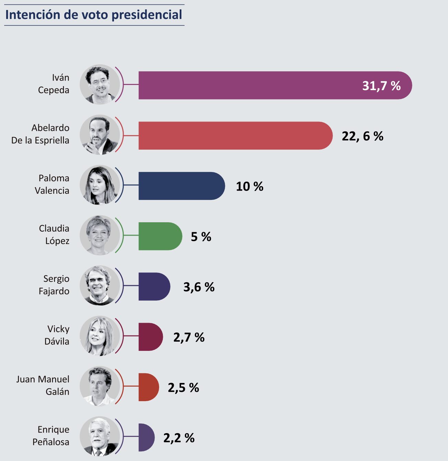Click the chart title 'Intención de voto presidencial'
[94, 15]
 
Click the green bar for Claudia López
[160, 236]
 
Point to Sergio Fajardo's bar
[154, 287]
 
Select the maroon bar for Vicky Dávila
[150, 337]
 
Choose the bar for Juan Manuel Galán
[148, 387]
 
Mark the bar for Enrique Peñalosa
[146, 437]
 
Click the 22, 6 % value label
[362, 136]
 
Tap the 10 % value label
[249, 186]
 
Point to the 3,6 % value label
[199, 287]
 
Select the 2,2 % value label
[179, 438]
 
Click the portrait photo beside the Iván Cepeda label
[100, 84]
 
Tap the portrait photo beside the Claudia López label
[100, 235]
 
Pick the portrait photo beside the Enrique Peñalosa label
[100, 437]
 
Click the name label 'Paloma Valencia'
[52, 184]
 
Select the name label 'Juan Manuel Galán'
[43, 385]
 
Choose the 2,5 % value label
[183, 388]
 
